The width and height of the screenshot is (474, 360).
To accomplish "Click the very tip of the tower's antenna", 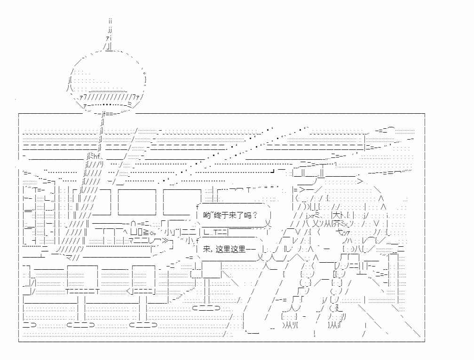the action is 111,19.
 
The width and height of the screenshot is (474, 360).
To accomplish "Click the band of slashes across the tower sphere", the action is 109,97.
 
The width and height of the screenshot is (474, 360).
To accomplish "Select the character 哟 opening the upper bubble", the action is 207,215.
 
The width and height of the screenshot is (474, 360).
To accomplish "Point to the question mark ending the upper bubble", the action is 255,215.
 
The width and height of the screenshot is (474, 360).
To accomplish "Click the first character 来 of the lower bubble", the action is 207,249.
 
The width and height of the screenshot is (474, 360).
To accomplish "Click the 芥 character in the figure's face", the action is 336,224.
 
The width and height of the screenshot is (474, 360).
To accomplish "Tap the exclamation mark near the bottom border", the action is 315,334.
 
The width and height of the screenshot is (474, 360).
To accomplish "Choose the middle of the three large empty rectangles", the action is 137,202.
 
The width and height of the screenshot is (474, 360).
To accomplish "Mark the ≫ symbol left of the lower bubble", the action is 166,241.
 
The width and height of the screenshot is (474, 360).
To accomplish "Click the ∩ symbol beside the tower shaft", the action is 134,224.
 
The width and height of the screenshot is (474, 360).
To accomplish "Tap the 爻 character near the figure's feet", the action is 339,308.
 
